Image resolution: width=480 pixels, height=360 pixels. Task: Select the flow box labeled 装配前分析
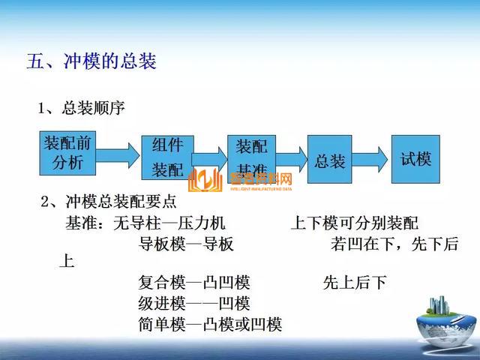(x=68, y=152)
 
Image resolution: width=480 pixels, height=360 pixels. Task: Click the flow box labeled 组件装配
(x=167, y=158)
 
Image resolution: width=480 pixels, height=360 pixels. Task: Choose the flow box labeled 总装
(x=329, y=160)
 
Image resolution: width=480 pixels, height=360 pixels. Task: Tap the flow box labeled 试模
(x=415, y=159)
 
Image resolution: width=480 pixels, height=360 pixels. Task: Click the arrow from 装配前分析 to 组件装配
(x=120, y=154)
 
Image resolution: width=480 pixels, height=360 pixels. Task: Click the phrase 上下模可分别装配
(x=354, y=223)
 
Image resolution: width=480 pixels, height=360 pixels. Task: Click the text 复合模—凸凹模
(x=194, y=283)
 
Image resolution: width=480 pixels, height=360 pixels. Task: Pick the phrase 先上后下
(x=355, y=283)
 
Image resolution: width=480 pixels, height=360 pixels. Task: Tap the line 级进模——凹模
(x=194, y=304)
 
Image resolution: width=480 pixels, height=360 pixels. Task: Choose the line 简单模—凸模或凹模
(x=210, y=324)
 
